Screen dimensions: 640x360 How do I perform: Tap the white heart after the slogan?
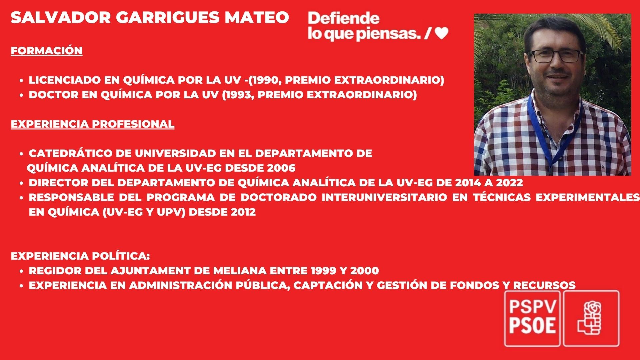click(442, 33)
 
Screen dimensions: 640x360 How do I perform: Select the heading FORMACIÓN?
click(47, 51)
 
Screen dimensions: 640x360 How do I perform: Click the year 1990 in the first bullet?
click(265, 80)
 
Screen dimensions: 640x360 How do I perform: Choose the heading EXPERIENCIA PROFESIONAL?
click(92, 124)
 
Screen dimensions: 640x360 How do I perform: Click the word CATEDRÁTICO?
click(71, 153)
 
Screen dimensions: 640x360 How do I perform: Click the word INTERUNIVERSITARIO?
click(384, 197)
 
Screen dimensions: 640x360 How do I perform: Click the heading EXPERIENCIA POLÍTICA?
click(80, 256)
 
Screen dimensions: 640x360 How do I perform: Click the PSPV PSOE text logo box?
click(532, 318)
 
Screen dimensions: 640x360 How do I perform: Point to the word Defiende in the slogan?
click(344, 18)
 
